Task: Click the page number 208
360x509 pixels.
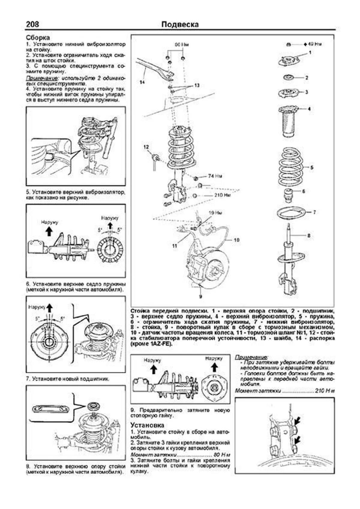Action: pyautogui.click(x=32, y=24)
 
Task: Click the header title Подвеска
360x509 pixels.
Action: pyautogui.click(x=180, y=24)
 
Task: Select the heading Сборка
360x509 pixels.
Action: pyautogui.click(x=38, y=38)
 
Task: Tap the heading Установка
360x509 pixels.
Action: pyautogui.click(x=147, y=425)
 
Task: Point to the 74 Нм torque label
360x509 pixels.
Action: pyautogui.click(x=215, y=176)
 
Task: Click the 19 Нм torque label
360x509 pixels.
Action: pyautogui.click(x=215, y=213)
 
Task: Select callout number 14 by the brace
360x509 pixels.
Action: pyautogui.click(x=142, y=82)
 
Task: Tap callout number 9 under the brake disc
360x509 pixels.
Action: pyautogui.click(x=200, y=297)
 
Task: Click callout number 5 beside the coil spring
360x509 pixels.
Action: pyautogui.click(x=312, y=167)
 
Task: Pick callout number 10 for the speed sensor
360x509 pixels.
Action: pyautogui.click(x=236, y=240)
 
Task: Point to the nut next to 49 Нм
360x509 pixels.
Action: pyautogui.click(x=288, y=44)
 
